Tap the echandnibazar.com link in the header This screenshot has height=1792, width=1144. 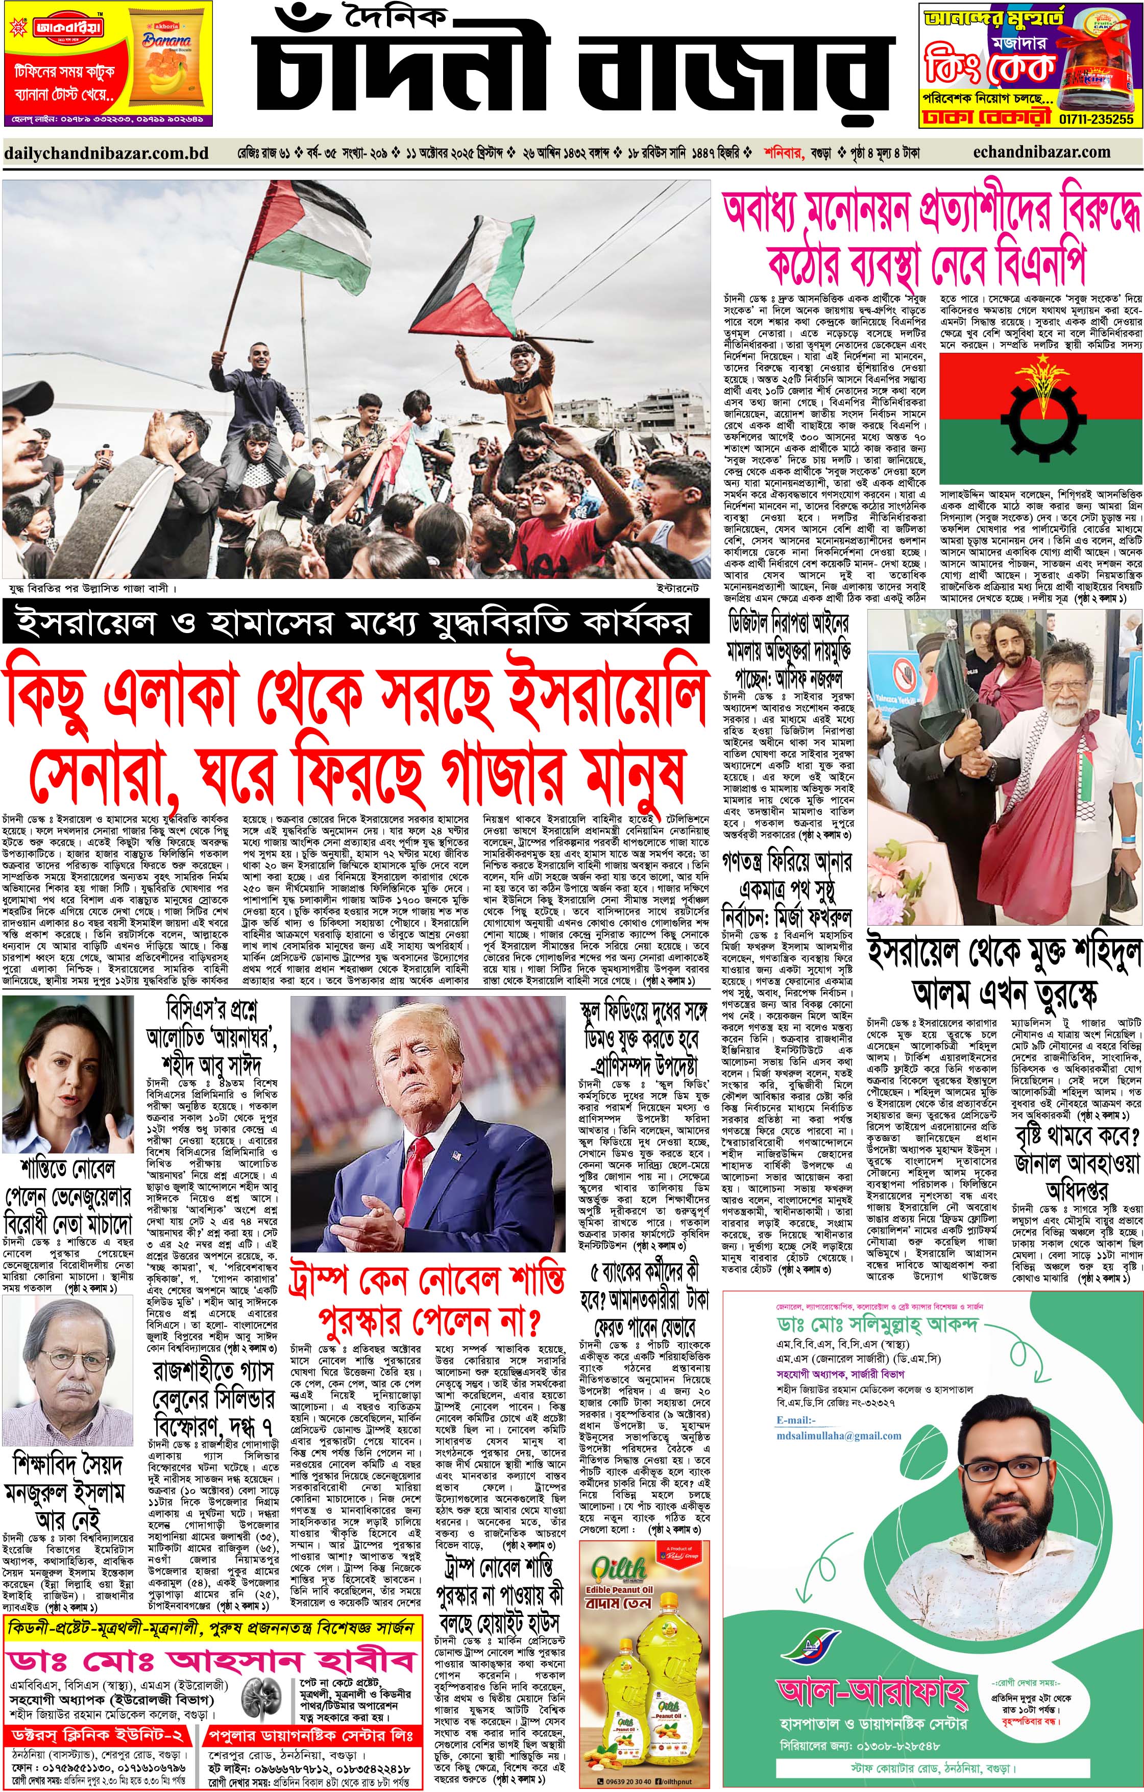click(x=1041, y=153)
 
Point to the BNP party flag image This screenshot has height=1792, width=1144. click(x=1040, y=418)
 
